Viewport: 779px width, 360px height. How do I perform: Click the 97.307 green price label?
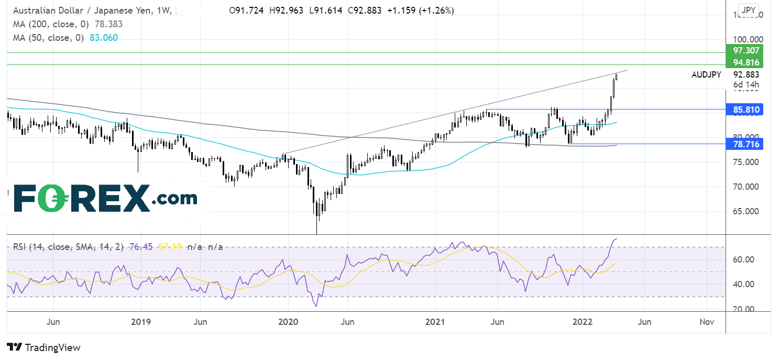coord(744,51)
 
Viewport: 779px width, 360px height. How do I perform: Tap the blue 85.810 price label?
coord(744,110)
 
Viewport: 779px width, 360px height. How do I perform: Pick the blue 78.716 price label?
coord(744,144)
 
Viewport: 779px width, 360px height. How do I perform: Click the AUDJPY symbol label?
coord(706,74)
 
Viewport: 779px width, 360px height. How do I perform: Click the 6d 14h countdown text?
coord(746,84)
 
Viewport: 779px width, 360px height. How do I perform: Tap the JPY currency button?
coord(749,9)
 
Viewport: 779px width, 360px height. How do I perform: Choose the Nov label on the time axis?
coord(707,322)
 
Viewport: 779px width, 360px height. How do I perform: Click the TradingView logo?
coord(44,347)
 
